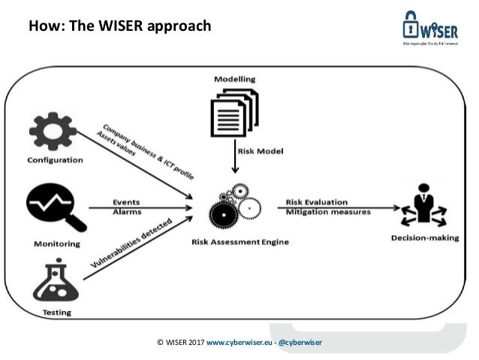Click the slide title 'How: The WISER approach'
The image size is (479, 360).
tap(119, 27)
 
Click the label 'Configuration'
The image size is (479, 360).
tap(55, 160)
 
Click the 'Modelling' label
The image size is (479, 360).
tap(234, 79)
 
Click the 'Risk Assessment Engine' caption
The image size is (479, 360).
tap(241, 241)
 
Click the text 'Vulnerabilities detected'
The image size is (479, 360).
tap(132, 245)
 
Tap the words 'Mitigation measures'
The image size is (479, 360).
tap(328, 212)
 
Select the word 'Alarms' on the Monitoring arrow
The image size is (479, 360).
tap(126, 212)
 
